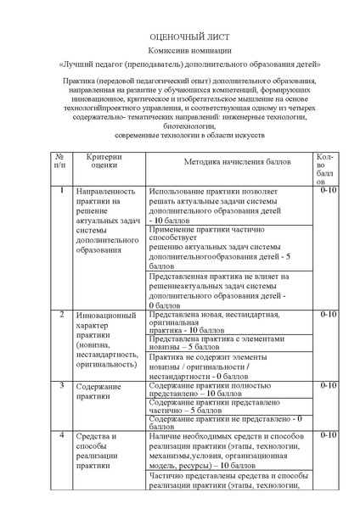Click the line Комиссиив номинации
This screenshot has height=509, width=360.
coord(178,52)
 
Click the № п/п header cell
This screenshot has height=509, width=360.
coord(60,161)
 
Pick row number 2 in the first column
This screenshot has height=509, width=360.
coord(60,315)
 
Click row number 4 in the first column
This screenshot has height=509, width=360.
coord(60,435)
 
